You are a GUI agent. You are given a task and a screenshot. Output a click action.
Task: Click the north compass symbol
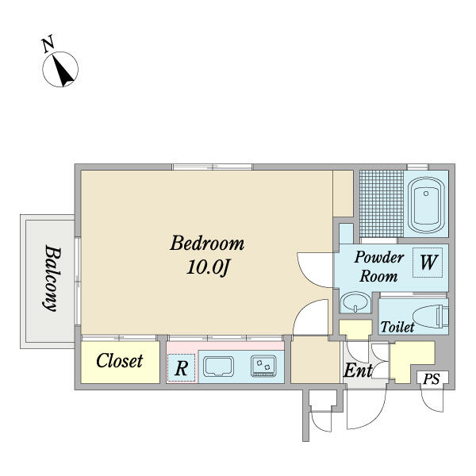61,69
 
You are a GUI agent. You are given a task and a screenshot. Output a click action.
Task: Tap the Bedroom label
207,243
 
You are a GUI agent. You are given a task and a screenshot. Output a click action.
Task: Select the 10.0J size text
208,268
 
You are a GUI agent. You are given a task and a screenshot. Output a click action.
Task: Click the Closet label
120,361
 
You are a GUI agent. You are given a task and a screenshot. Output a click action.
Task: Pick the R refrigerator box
181,368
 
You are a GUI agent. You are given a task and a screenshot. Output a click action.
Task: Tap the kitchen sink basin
217,367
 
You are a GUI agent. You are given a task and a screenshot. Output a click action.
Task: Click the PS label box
431,380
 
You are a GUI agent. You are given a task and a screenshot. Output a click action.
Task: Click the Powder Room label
378,267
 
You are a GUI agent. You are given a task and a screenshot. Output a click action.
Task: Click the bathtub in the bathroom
428,203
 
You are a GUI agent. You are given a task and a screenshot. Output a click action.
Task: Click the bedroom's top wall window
213,167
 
